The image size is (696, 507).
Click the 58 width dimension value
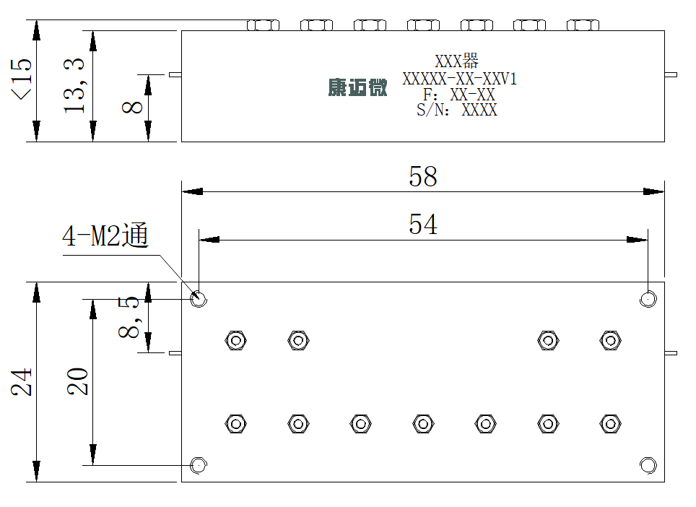[422, 177]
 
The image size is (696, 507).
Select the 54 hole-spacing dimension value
[422, 224]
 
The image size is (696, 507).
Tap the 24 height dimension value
[22, 381]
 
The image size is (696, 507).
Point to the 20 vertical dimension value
[78, 381]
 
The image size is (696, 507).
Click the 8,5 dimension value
[129, 318]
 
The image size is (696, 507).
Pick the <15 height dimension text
[21, 79]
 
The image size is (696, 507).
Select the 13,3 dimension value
[74, 85]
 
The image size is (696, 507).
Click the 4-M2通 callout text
[105, 235]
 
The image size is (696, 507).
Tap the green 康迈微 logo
[358, 87]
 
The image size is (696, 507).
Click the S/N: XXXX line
[457, 110]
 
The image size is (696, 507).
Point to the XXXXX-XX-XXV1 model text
[459, 79]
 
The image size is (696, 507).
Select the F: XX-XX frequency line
[459, 95]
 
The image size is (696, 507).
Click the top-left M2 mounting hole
[199, 298]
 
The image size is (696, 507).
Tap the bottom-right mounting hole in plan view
[648, 465]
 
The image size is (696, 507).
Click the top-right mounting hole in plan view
[648, 299]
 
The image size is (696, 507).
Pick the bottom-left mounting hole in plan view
[199, 465]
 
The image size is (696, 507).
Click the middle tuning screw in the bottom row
[423, 423]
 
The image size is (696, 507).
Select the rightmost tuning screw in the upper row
[610, 340]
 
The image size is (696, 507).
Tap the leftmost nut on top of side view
[264, 25]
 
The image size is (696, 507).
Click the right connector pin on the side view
[671, 74]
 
